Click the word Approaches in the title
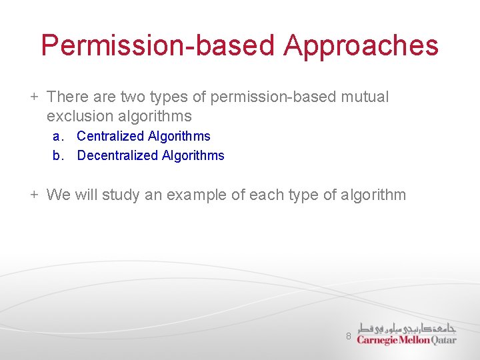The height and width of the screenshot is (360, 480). pyautogui.click(x=361, y=46)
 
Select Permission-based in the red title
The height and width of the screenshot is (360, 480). pyautogui.click(x=157, y=46)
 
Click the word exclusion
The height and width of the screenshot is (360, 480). pyautogui.click(x=79, y=117)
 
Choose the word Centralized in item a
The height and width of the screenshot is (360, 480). pyautogui.click(x=110, y=137)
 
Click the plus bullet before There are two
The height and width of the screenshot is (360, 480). pyautogui.click(x=33, y=97)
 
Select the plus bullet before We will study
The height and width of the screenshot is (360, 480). pyautogui.click(x=33, y=195)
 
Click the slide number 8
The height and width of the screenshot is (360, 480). pyautogui.click(x=348, y=337)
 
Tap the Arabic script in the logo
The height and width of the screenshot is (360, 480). pyautogui.click(x=407, y=327)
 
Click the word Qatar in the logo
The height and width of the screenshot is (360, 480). pyautogui.click(x=444, y=340)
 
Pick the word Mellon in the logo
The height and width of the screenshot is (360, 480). pyautogui.click(x=415, y=340)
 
